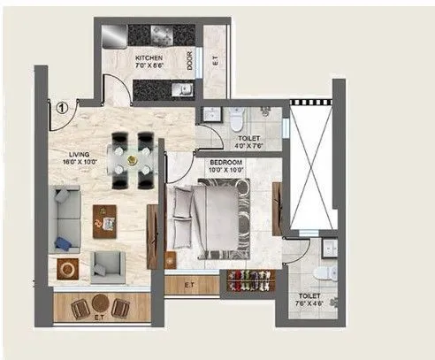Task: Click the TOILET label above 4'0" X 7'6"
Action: click(248, 138)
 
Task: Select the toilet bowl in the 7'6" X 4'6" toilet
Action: click(327, 272)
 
